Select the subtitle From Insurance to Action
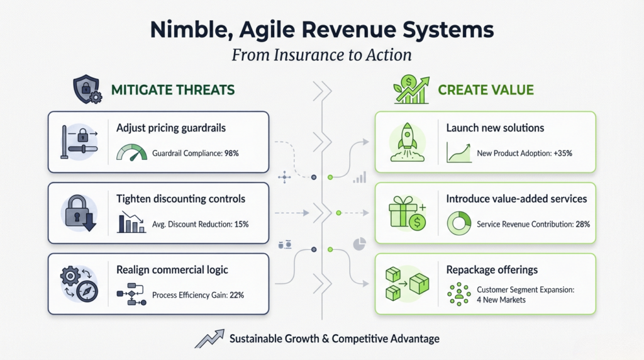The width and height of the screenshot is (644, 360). coord(321,55)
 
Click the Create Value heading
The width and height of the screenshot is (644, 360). coord(486,90)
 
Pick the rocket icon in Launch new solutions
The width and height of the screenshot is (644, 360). coord(404,141)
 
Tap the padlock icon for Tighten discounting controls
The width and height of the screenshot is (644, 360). coord(78,212)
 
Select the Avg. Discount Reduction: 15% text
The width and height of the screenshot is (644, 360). coord(200,223)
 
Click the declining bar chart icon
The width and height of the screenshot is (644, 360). coord(131,223)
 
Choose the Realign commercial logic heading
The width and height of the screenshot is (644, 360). coord(172,270)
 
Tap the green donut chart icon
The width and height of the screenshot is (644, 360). coord(458,223)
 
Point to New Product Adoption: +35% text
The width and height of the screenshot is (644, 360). coord(525,153)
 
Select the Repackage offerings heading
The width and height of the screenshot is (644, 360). coord(492,270)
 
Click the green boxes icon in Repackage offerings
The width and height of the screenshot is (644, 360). coord(404,283)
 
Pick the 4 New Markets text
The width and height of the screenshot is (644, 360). coord(501,300)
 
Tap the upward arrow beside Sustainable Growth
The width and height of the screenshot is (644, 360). coord(209,339)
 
